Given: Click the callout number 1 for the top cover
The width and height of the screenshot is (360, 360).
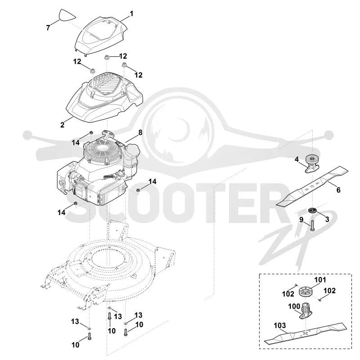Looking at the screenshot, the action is point(131,14).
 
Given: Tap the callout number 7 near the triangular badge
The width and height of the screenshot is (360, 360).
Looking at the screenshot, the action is point(48,28).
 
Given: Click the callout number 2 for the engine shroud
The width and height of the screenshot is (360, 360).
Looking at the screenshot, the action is point(62,125).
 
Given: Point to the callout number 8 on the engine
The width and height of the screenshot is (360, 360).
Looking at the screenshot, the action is point(140,132).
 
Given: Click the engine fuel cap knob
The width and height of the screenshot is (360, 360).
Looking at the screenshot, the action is point(133,150).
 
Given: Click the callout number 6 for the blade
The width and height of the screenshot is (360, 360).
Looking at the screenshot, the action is point(338,190).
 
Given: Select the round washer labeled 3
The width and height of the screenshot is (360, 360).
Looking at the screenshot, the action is point(312,210).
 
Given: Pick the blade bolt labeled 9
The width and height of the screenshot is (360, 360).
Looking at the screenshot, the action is point(312,225).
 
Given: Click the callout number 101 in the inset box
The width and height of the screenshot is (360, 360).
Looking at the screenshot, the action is point(320,280).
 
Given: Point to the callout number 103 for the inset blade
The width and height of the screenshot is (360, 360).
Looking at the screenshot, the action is point(279,325).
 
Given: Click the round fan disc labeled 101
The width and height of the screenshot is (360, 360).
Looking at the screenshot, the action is point(306,292).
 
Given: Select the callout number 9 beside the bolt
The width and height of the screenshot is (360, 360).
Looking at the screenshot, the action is point(301,220).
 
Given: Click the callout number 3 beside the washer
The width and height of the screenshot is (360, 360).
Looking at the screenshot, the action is point(327,219).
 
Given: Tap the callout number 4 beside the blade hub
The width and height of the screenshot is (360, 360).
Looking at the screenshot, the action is point(297,159).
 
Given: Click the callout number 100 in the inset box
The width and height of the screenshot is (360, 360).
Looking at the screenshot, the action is point(294,306).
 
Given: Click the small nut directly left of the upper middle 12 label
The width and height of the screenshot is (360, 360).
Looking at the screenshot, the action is point(107,57).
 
